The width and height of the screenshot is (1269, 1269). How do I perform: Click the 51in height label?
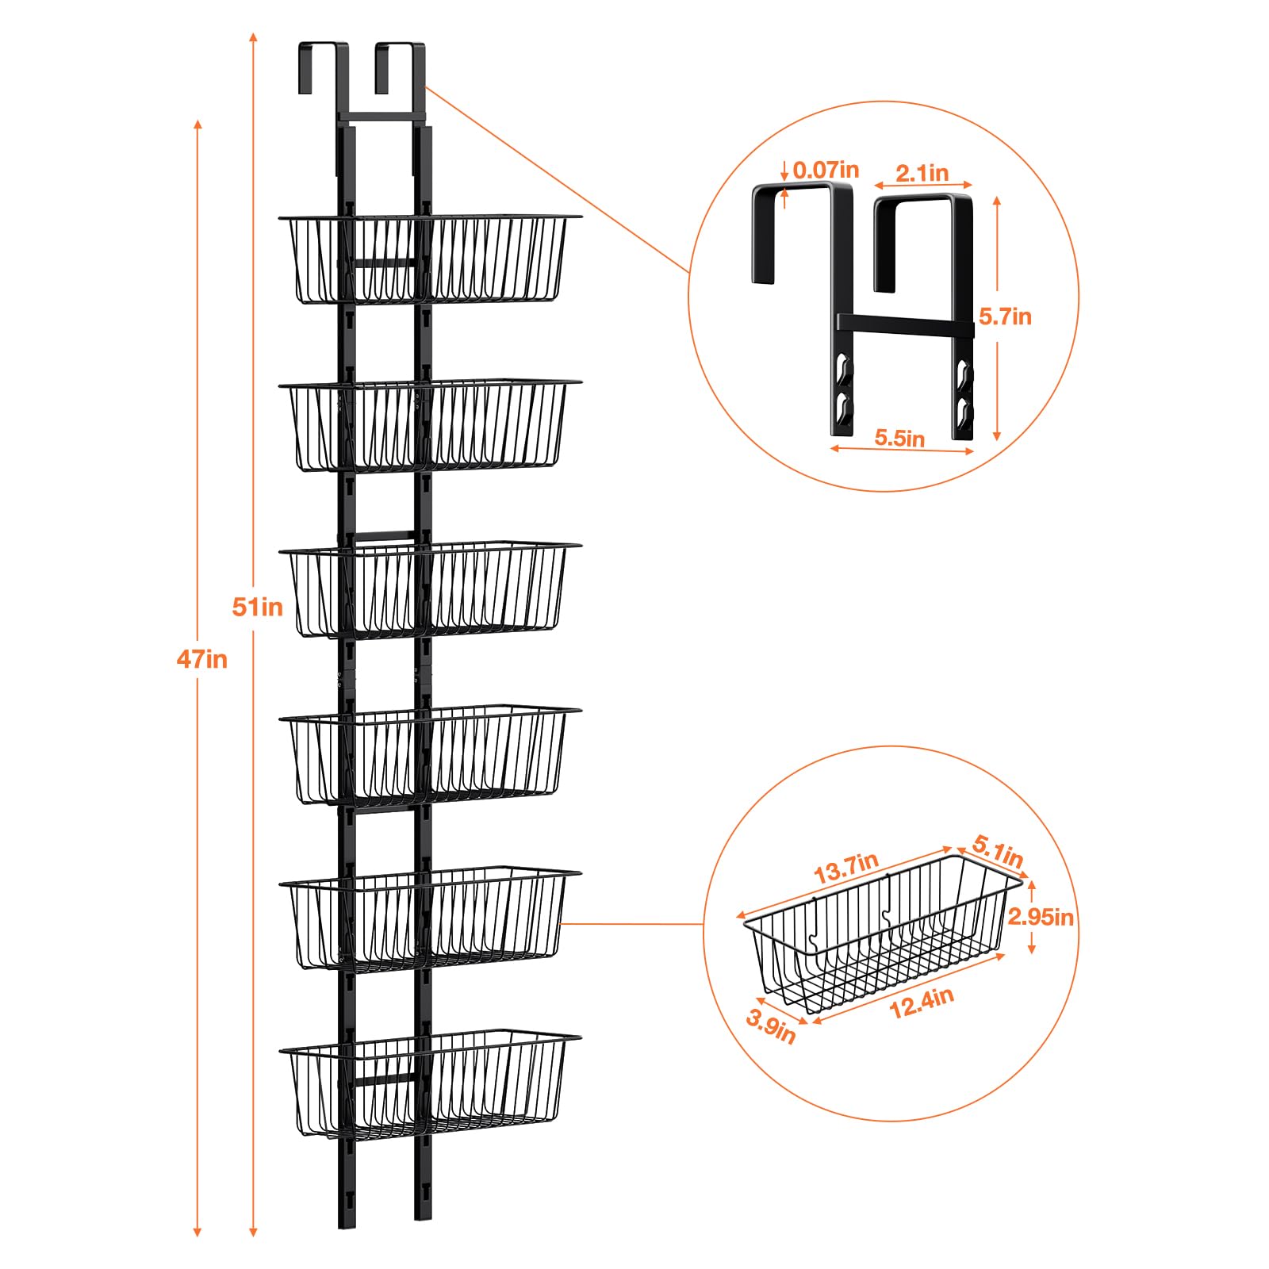257,607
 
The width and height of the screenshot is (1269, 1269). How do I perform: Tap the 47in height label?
201,659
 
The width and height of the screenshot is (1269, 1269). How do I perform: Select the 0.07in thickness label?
826,170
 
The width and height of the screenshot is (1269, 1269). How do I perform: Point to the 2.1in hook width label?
922,173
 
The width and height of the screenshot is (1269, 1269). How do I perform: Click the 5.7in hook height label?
1005,316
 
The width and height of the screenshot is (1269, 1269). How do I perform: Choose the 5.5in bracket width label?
899,438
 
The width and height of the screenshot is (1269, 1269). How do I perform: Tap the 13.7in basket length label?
846,868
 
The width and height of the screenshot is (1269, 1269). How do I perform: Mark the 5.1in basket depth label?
998,851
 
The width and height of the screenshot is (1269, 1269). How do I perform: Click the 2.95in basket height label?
1041,917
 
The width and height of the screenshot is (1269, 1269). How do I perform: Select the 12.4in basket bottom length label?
921,1003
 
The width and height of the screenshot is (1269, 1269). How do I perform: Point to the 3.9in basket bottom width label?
771,1026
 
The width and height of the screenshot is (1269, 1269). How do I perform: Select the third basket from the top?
430,588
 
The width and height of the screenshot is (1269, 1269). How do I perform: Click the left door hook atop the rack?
324,67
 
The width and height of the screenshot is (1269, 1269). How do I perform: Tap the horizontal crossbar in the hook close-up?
905,323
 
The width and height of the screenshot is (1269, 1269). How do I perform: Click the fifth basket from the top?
430,920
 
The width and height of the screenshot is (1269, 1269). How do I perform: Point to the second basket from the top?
430,425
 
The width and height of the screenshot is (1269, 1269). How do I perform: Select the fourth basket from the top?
430,754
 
